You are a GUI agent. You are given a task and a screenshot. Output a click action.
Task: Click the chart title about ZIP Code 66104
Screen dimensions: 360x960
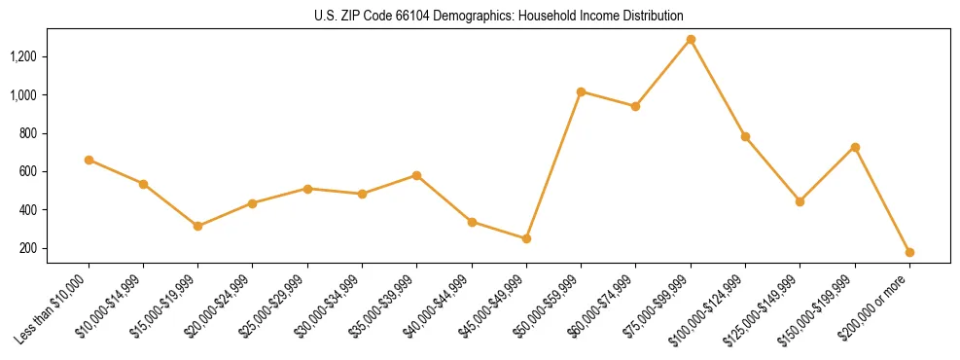tap(499, 17)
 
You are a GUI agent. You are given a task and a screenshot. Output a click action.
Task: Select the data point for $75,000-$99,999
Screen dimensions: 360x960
tap(691, 40)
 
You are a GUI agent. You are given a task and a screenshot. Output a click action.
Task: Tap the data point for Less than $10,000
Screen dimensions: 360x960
tap(89, 160)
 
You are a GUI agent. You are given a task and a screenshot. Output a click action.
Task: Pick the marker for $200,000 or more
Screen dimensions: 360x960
tap(909, 252)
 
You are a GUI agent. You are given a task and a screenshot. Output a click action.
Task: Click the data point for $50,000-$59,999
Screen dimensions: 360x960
tap(581, 91)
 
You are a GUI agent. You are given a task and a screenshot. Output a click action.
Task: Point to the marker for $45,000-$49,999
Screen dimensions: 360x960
tap(526, 238)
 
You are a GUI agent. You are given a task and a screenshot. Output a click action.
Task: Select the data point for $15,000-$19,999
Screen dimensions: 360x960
tap(197, 226)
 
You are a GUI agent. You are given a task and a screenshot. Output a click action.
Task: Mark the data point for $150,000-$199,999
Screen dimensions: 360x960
tap(855, 147)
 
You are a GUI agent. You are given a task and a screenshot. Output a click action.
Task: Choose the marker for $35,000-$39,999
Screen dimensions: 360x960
tap(416, 175)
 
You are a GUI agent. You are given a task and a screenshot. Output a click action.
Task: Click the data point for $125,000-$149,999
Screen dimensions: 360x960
tap(800, 201)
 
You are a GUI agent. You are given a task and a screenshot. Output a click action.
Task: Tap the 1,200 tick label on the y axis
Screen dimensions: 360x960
tap(22, 56)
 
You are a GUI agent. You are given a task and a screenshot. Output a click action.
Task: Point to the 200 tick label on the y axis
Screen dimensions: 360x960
tap(27, 248)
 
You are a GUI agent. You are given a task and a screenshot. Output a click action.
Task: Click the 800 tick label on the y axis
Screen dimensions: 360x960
tap(27, 133)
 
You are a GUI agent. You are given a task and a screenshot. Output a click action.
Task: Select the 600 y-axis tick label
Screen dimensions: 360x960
tap(27, 171)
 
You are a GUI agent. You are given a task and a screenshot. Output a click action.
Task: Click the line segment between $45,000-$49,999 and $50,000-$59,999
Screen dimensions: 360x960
tap(553, 165)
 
